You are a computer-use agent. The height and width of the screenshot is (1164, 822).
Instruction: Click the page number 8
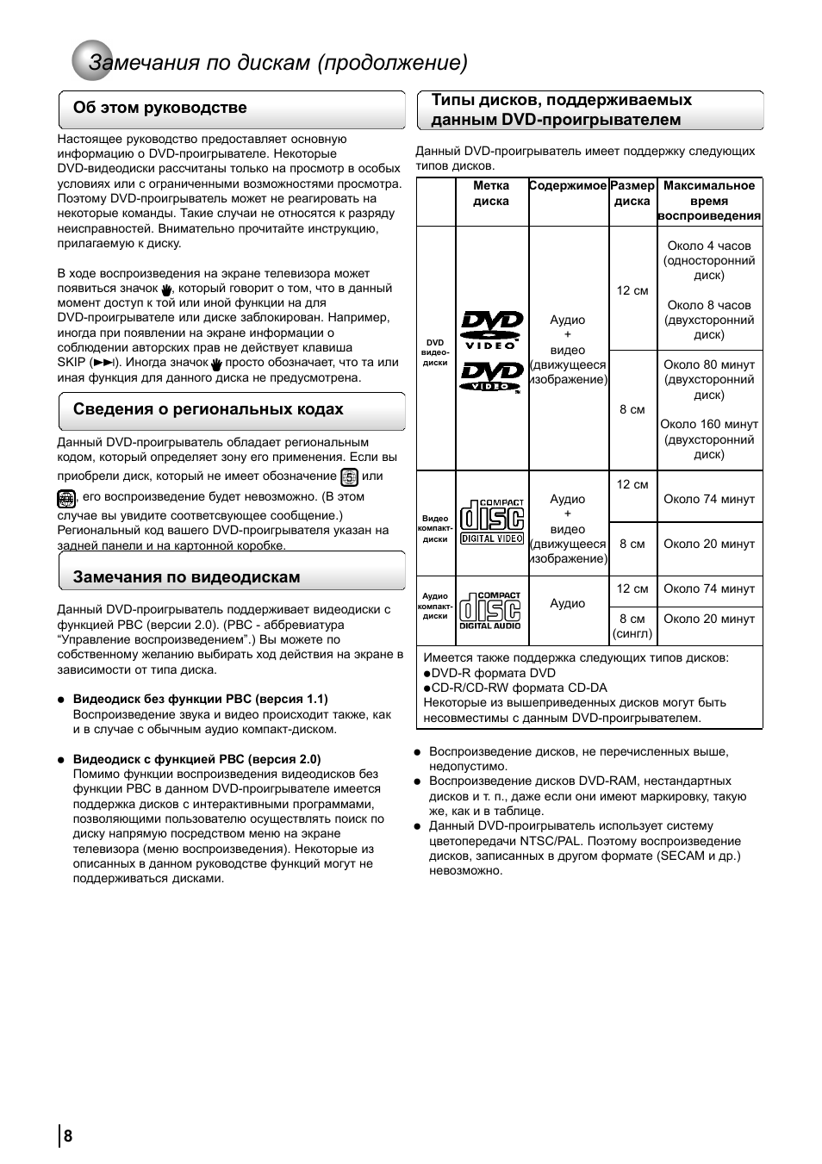(68, 1136)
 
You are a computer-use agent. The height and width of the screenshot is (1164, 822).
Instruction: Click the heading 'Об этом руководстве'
(159, 108)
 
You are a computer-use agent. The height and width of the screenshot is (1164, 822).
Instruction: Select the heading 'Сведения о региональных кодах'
(208, 409)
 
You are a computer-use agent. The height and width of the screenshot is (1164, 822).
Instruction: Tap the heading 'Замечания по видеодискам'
(186, 577)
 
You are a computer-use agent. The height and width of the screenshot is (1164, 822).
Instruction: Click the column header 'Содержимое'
(568, 186)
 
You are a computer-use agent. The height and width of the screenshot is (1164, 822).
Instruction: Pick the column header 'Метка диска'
(491, 193)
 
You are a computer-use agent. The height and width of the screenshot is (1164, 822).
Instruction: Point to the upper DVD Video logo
(491, 327)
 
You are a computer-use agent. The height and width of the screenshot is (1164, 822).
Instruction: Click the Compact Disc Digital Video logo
(491, 521)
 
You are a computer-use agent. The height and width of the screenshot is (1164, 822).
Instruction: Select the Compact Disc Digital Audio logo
(489, 610)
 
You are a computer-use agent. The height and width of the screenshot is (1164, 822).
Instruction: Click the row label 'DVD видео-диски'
(435, 352)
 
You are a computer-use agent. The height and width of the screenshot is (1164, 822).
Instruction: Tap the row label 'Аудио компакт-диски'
(435, 606)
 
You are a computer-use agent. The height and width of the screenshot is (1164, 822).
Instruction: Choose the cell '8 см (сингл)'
(632, 626)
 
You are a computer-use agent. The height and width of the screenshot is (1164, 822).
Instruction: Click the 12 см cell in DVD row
(632, 290)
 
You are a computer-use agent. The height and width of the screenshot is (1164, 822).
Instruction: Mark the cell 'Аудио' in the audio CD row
(568, 603)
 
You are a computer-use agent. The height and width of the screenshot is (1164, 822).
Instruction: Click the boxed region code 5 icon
(349, 476)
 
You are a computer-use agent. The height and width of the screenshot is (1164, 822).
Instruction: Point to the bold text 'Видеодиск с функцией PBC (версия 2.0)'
(196, 759)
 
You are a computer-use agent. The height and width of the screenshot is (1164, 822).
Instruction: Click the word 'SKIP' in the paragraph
(72, 363)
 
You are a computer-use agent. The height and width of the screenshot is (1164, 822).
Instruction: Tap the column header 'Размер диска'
(632, 193)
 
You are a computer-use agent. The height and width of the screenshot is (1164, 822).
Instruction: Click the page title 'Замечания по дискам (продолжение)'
(278, 63)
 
